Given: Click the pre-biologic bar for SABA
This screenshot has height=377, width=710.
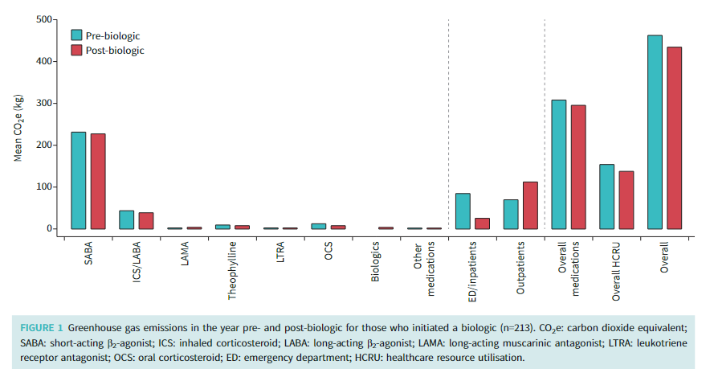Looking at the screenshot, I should (x=78, y=180).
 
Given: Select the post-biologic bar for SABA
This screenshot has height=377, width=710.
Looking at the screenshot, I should (x=97, y=181).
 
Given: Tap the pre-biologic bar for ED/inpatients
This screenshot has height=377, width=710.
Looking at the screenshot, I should (x=463, y=211).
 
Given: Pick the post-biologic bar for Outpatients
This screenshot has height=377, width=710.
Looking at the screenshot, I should (x=530, y=205).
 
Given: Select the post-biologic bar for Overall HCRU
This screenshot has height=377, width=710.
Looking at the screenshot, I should (x=626, y=200).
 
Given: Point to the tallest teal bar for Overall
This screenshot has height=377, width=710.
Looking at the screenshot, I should (x=655, y=132).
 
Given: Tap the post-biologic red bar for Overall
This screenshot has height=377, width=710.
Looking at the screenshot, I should (x=674, y=137).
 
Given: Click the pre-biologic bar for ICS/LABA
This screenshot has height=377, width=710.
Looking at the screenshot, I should (x=126, y=219).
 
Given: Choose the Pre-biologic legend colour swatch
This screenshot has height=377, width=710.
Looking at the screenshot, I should (x=76, y=35).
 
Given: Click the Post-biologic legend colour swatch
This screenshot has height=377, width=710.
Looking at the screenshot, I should (x=76, y=50).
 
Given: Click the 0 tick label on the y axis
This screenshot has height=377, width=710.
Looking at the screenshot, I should (x=51, y=228).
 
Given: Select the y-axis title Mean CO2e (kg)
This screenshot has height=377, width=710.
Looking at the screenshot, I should (x=18, y=128).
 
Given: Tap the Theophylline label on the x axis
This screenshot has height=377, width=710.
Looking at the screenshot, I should (x=232, y=271).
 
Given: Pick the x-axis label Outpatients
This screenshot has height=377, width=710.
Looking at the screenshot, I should (x=520, y=267).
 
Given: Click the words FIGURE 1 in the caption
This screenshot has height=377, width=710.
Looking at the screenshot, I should (x=41, y=328).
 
